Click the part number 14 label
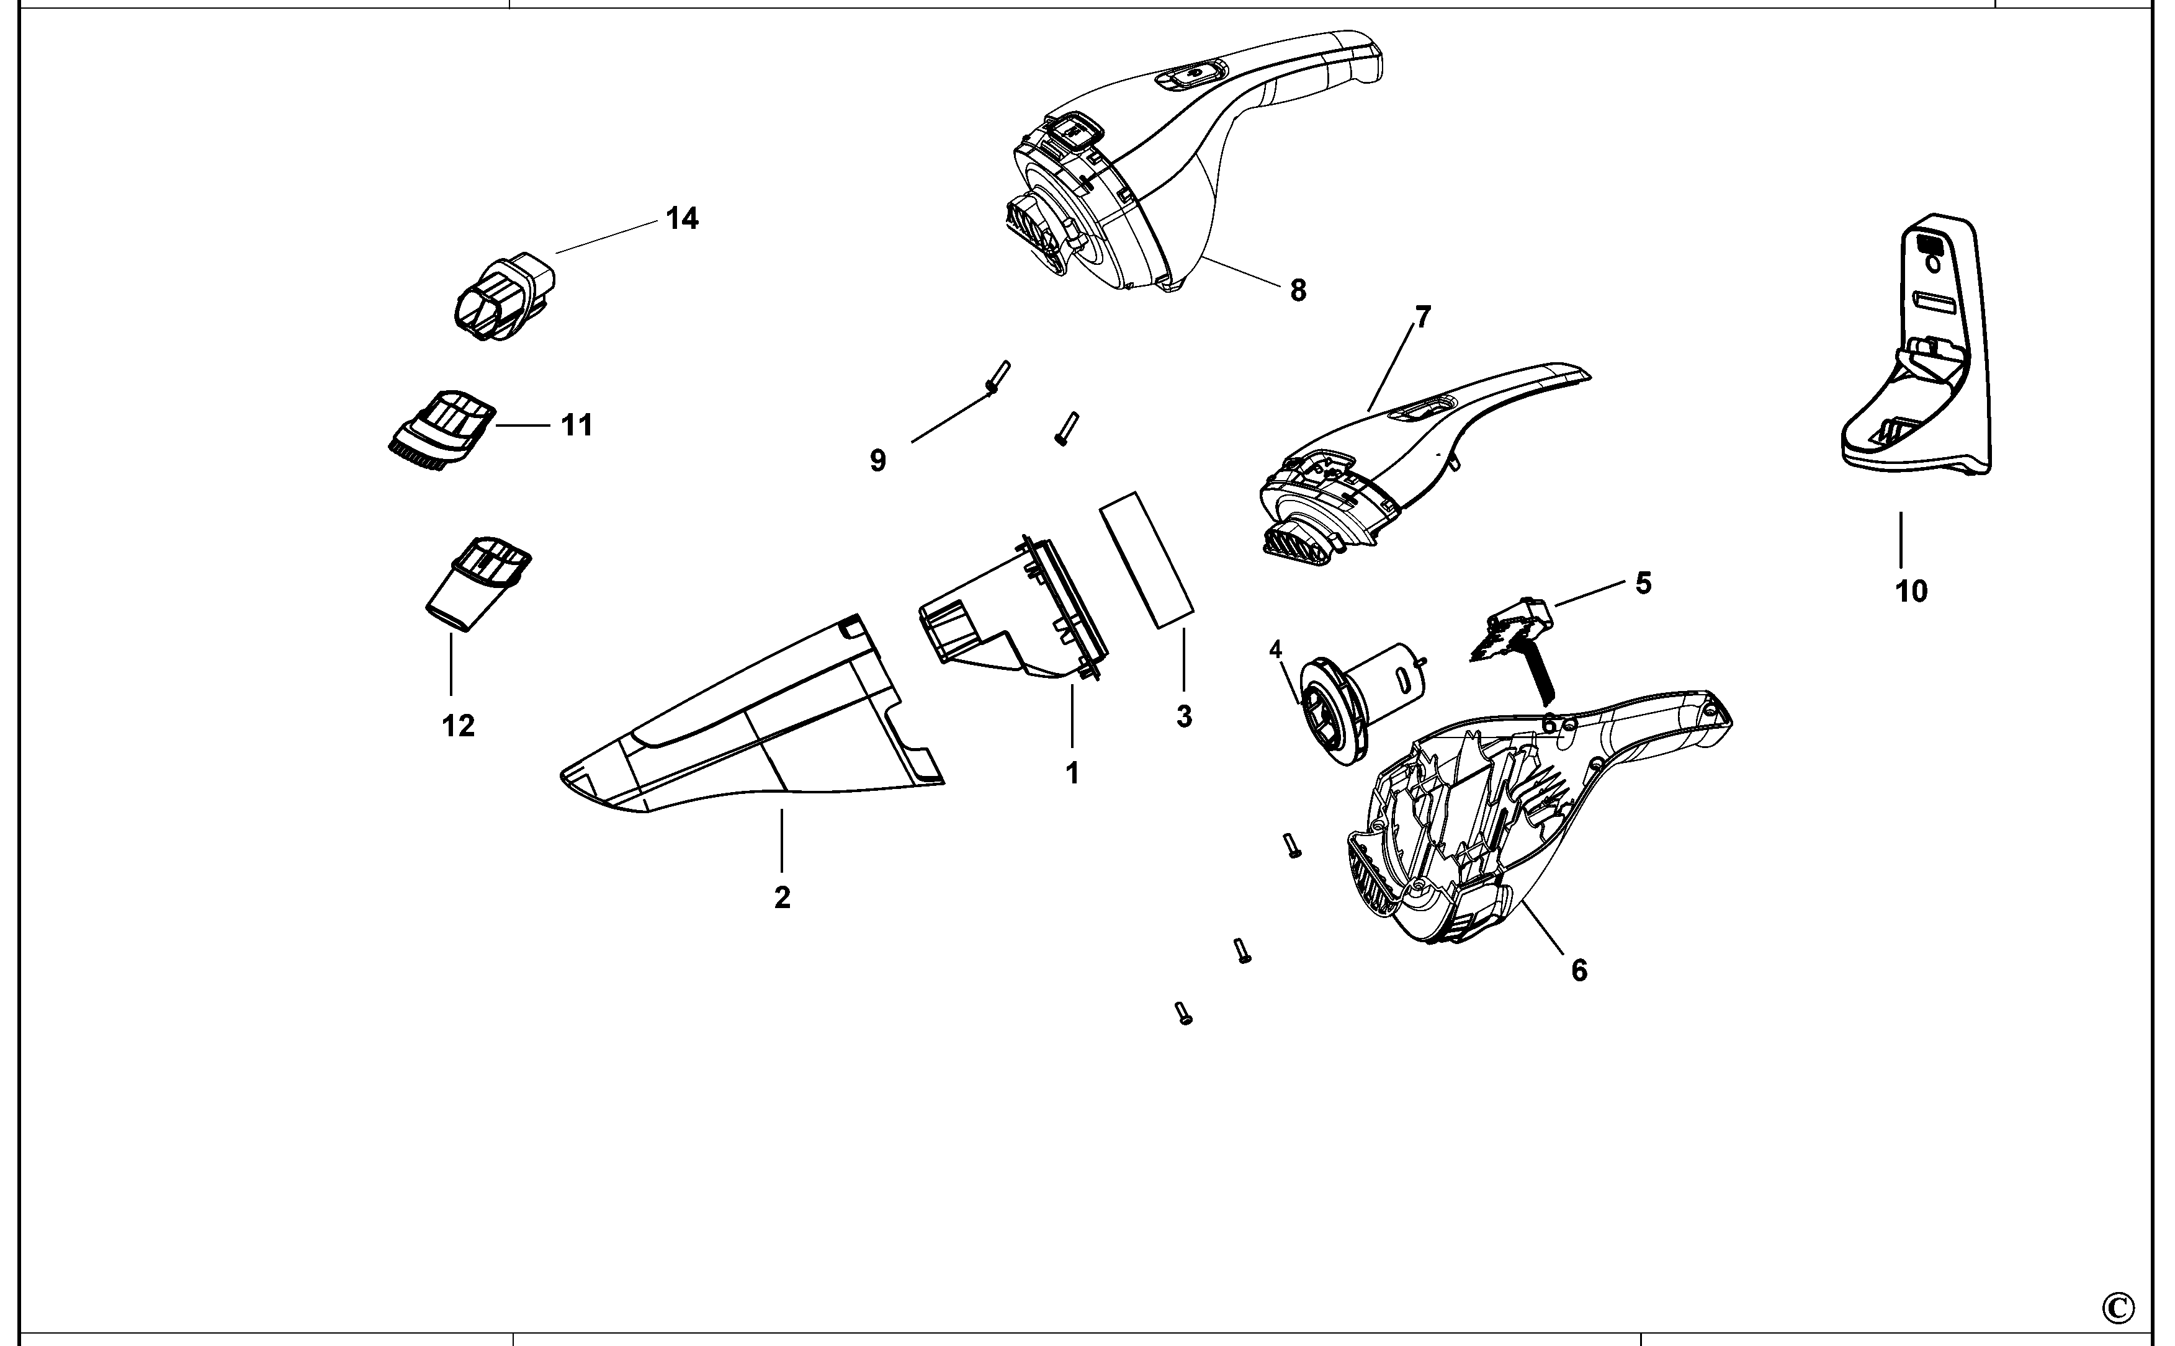click(x=682, y=218)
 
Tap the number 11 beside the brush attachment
click(x=577, y=426)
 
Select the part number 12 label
click(x=459, y=726)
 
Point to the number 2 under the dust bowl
click(x=782, y=898)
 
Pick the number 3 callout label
click(x=1183, y=716)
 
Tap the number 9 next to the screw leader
click(x=878, y=460)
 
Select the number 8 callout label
click(x=1298, y=290)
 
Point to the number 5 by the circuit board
click(x=1643, y=583)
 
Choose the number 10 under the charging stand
click(x=1911, y=591)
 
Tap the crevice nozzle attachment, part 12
click(x=477, y=583)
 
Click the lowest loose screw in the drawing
click(x=1183, y=1012)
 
